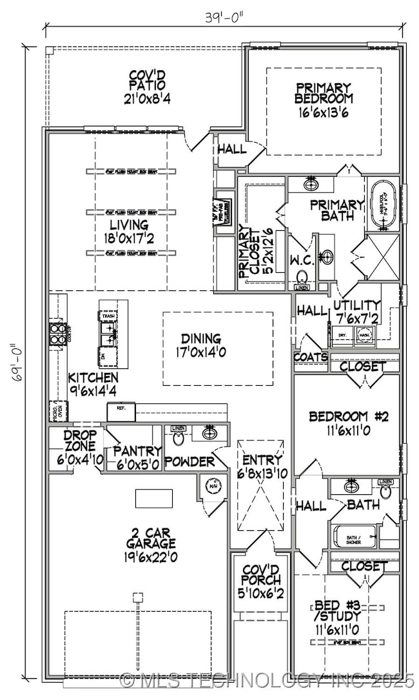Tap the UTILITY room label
356,311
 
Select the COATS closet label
311,357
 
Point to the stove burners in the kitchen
56,334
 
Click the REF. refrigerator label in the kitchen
121,408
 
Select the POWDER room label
189,462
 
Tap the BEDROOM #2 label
349,423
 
